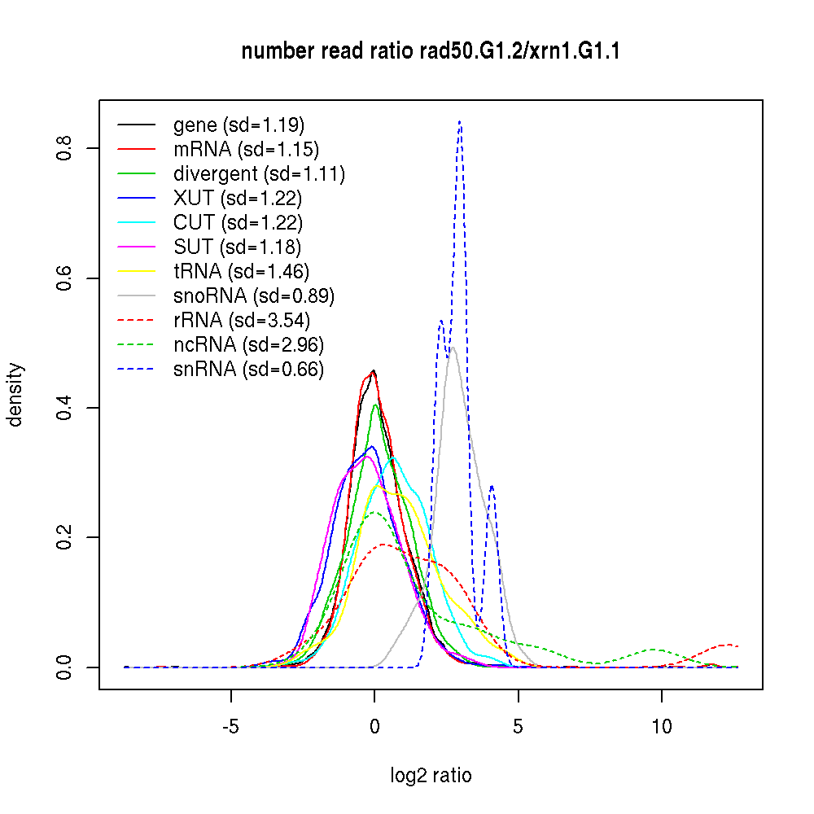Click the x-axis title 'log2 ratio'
click(x=431, y=775)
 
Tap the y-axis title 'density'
click(x=15, y=394)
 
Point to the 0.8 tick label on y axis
click(x=63, y=148)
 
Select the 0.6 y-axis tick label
click(x=63, y=278)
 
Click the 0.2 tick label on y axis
click(x=63, y=537)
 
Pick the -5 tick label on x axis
click(x=231, y=726)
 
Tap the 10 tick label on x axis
click(x=662, y=726)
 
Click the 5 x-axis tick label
click(x=519, y=726)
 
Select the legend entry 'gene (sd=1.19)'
click(x=239, y=125)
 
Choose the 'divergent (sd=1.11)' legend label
click(x=259, y=174)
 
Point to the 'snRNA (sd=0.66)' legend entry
click(x=248, y=370)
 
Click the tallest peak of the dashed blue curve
click(x=460, y=121)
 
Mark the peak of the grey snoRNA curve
click(x=452, y=348)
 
